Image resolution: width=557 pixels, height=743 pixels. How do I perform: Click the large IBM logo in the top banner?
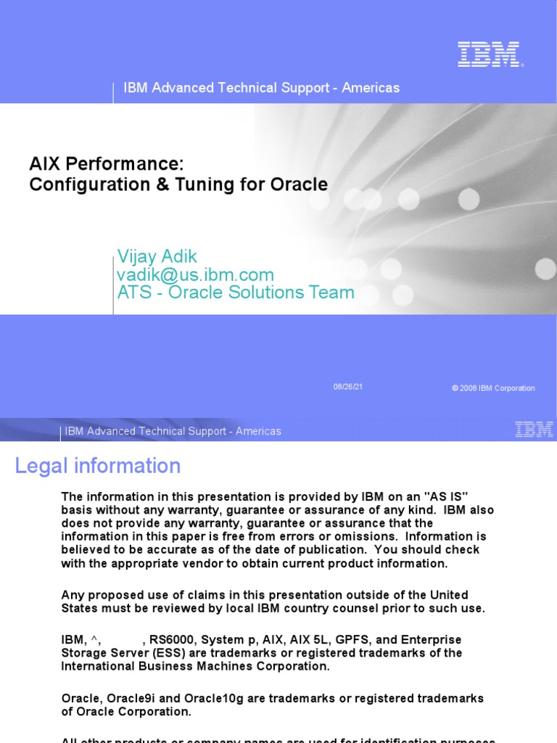(489, 54)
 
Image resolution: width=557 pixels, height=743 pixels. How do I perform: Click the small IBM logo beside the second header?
(534, 430)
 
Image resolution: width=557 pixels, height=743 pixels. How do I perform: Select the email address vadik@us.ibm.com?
(195, 275)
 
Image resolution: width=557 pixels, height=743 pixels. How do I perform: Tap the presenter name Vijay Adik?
(157, 256)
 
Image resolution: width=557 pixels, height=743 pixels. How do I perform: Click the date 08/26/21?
(348, 387)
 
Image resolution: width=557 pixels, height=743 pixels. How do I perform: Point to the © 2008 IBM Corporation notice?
(493, 388)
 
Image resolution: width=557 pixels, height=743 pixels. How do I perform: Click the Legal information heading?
(98, 466)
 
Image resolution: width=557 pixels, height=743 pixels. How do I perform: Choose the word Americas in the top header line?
(371, 88)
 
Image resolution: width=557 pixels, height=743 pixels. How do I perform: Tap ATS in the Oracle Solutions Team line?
(133, 293)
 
